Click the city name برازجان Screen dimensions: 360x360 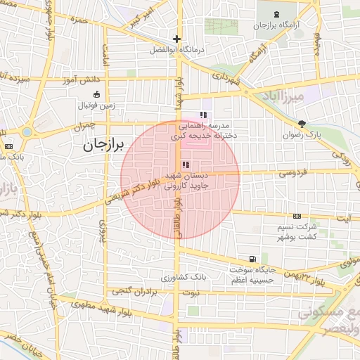point(98,146)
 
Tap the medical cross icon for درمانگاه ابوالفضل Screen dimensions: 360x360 point(176,39)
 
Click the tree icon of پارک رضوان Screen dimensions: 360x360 point(302,124)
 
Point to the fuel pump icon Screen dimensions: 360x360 point(252,259)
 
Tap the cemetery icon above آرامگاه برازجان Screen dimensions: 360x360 point(274,14)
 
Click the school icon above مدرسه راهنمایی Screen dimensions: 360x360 point(203,114)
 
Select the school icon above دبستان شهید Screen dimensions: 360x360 point(176,165)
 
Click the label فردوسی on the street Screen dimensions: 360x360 point(292,172)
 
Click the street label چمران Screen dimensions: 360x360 point(83,127)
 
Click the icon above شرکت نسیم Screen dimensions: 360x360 point(297,216)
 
